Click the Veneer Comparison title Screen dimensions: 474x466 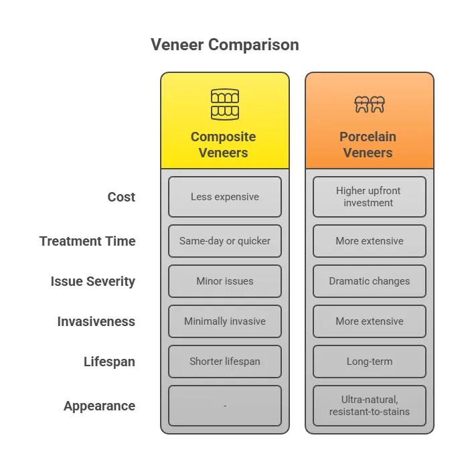click(225, 45)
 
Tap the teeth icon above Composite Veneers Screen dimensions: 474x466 click(225, 104)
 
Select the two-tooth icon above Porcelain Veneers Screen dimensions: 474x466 click(370, 104)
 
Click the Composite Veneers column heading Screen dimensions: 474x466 click(224, 145)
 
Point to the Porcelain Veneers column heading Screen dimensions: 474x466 click(368, 145)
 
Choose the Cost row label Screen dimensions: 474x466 click(121, 197)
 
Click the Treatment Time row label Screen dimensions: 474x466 click(88, 241)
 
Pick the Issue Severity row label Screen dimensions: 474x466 click(93, 281)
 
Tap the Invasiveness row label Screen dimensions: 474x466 click(96, 321)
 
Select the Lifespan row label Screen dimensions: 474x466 click(109, 362)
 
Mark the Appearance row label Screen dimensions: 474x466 click(99, 406)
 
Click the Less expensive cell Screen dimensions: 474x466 click(225, 197)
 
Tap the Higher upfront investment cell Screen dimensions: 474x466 click(370, 197)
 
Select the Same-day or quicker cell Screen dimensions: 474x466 click(225, 241)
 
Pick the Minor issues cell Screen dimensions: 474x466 click(225, 281)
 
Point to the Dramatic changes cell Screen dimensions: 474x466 click(370, 281)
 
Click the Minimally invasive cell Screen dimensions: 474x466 click(225, 321)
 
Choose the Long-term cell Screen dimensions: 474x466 click(370, 362)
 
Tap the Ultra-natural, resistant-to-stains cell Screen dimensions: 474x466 click(370, 406)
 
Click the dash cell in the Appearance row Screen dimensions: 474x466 click(225, 406)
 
